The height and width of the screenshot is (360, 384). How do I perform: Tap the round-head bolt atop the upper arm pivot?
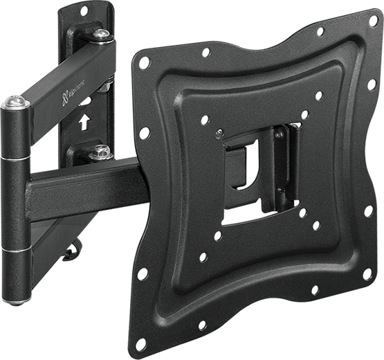pos(102,35)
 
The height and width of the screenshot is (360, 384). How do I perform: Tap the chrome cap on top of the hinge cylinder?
pos(15,102)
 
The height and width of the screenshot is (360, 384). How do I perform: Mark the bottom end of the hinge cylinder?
pos(17,298)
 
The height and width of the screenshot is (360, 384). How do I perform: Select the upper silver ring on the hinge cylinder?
pos(16,158)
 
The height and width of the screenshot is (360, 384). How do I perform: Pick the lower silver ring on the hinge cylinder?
pos(17,248)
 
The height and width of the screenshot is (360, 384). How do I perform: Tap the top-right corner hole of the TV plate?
pos(374,21)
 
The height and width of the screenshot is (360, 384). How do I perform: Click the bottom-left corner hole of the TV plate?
pos(141,344)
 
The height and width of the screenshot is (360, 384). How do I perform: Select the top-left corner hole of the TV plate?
pos(144,63)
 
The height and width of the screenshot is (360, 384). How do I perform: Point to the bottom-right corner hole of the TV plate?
pos(369,274)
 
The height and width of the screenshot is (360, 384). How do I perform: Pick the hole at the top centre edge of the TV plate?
pos(206,52)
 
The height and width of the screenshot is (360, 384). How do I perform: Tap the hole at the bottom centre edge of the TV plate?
pos(203,325)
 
